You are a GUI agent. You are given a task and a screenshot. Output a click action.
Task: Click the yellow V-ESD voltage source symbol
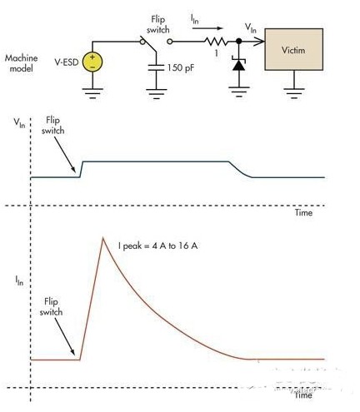click(92, 62)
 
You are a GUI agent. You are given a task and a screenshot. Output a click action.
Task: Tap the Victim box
click(293, 49)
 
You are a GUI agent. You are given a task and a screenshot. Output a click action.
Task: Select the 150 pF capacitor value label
click(181, 67)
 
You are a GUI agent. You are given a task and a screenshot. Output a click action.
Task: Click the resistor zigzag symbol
click(216, 42)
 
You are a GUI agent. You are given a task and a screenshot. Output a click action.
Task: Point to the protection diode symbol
click(238, 64)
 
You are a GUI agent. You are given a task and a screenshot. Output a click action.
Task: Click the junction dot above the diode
click(238, 42)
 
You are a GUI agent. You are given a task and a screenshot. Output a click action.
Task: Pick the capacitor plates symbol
click(156, 67)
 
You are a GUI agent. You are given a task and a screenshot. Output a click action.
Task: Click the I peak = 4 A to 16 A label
click(157, 246)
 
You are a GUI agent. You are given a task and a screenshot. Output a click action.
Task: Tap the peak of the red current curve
click(103, 238)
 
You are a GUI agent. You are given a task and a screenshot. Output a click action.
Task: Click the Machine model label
click(22, 63)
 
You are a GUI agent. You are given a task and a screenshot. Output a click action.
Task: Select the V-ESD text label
click(67, 62)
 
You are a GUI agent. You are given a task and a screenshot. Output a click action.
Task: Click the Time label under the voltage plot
click(303, 213)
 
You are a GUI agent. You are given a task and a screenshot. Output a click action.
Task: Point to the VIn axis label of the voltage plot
click(19, 122)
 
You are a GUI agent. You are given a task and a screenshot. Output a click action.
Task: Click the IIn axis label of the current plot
click(19, 280)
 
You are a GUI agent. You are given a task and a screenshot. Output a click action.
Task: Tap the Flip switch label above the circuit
click(158, 25)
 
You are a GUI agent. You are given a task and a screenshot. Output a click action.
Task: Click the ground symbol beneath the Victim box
click(294, 92)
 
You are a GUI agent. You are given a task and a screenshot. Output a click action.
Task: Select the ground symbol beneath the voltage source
click(92, 93)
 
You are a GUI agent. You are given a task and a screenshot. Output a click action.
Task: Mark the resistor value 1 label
click(217, 52)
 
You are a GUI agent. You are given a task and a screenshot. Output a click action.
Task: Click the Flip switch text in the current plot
click(51, 307)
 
